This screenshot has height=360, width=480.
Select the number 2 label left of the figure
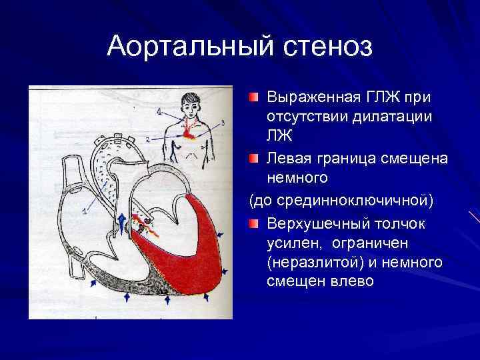(x=147, y=139)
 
